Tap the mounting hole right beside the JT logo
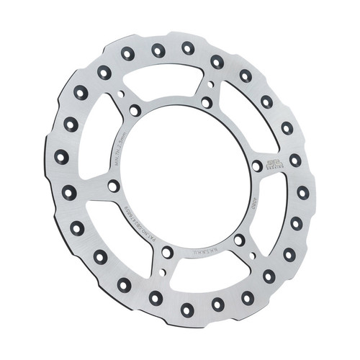point(257,166)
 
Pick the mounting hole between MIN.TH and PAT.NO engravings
point(113,186)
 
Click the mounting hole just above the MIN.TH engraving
point(135,110)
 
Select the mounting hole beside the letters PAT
point(167,252)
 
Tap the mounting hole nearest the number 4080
point(238,238)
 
